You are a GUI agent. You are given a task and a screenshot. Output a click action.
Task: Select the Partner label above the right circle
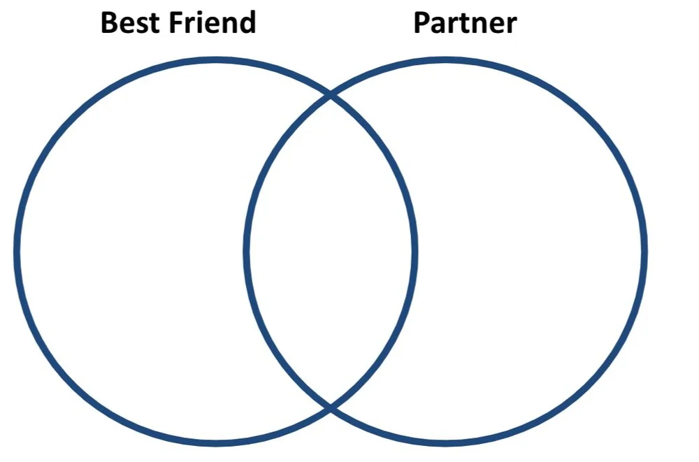pyautogui.click(x=465, y=24)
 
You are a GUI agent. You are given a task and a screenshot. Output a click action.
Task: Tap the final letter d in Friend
pyautogui.click(x=247, y=23)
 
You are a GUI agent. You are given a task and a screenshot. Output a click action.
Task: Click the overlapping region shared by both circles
pyautogui.click(x=331, y=252)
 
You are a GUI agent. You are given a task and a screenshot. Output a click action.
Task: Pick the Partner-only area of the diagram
pyautogui.click(x=531, y=252)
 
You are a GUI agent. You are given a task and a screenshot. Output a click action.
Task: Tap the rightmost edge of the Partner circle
pyautogui.click(x=644, y=252)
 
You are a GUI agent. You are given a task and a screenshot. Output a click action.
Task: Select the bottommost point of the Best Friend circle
pyautogui.click(x=215, y=442)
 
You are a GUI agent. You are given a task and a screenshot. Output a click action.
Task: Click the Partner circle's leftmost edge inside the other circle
pyautogui.click(x=247, y=252)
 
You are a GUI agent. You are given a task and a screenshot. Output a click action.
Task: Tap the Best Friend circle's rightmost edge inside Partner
pyautogui.click(x=415, y=252)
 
